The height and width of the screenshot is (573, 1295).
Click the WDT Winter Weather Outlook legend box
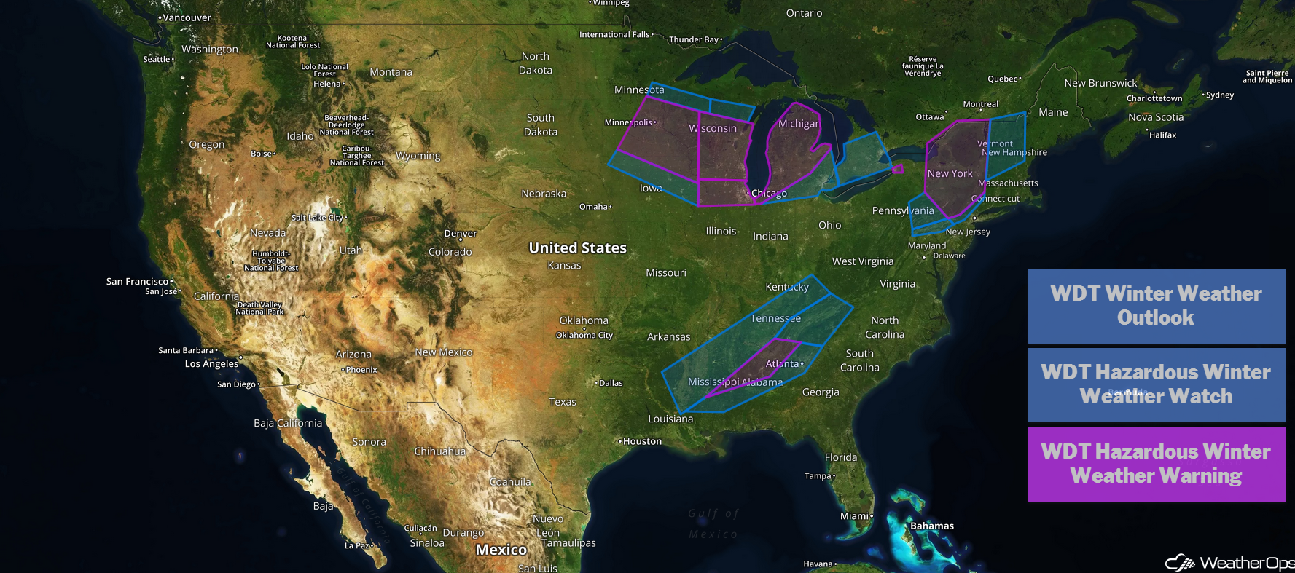click(1157, 306)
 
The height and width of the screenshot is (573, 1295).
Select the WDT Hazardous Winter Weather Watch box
click(1157, 384)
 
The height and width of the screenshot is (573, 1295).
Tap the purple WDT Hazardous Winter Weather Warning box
click(1157, 464)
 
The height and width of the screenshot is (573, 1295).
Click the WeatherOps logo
click(1229, 562)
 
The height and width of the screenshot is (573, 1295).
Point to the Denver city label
click(461, 234)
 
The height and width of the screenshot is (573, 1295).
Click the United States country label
click(577, 248)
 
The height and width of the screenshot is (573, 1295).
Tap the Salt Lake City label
click(318, 218)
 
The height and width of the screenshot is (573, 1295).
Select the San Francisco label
click(138, 282)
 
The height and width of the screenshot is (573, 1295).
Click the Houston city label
click(642, 441)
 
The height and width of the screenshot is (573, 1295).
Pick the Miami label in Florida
click(855, 516)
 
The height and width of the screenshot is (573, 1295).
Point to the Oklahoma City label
click(584, 336)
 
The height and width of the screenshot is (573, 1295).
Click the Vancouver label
click(187, 17)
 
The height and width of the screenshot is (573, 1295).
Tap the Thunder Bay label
click(694, 39)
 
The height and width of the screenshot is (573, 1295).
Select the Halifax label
click(1162, 135)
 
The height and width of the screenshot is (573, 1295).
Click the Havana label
click(818, 564)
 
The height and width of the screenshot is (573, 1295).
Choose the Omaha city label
click(594, 207)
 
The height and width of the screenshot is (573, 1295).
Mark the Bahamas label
click(931, 526)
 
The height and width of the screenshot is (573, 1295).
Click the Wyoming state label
click(418, 156)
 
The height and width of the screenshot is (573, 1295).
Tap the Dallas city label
click(611, 383)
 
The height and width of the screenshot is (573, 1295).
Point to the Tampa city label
click(818, 476)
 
